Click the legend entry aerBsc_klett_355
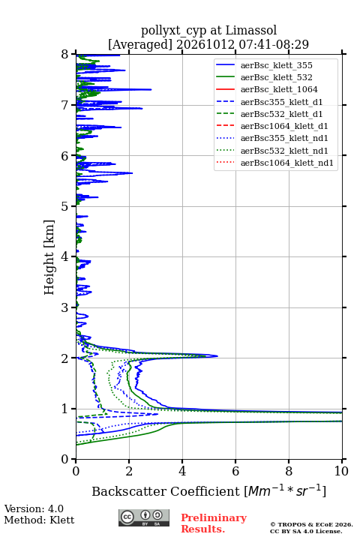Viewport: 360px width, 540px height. (276, 65)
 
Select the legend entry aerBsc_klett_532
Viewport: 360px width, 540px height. (276, 77)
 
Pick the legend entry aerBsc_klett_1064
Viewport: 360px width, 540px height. (279, 89)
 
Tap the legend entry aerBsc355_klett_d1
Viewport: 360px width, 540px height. (281, 102)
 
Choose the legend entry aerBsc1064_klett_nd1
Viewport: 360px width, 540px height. (287, 163)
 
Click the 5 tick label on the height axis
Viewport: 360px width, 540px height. (65, 206)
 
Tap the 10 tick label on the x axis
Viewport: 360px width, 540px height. (341, 471)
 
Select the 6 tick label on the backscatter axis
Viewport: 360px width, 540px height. (235, 471)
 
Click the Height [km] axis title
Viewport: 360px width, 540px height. (49, 257)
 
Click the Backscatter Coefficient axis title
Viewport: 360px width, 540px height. (208, 491)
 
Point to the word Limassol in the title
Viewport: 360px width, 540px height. (251, 30)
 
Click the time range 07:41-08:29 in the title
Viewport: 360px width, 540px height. (272, 44)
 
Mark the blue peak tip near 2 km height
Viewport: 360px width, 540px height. (217, 356)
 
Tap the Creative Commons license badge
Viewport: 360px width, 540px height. (144, 517)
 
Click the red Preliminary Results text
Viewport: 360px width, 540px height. (214, 523)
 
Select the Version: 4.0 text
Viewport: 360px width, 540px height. (34, 508)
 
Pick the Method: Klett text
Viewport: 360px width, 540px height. (39, 520)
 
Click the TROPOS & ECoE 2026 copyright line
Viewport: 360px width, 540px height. (312, 524)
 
